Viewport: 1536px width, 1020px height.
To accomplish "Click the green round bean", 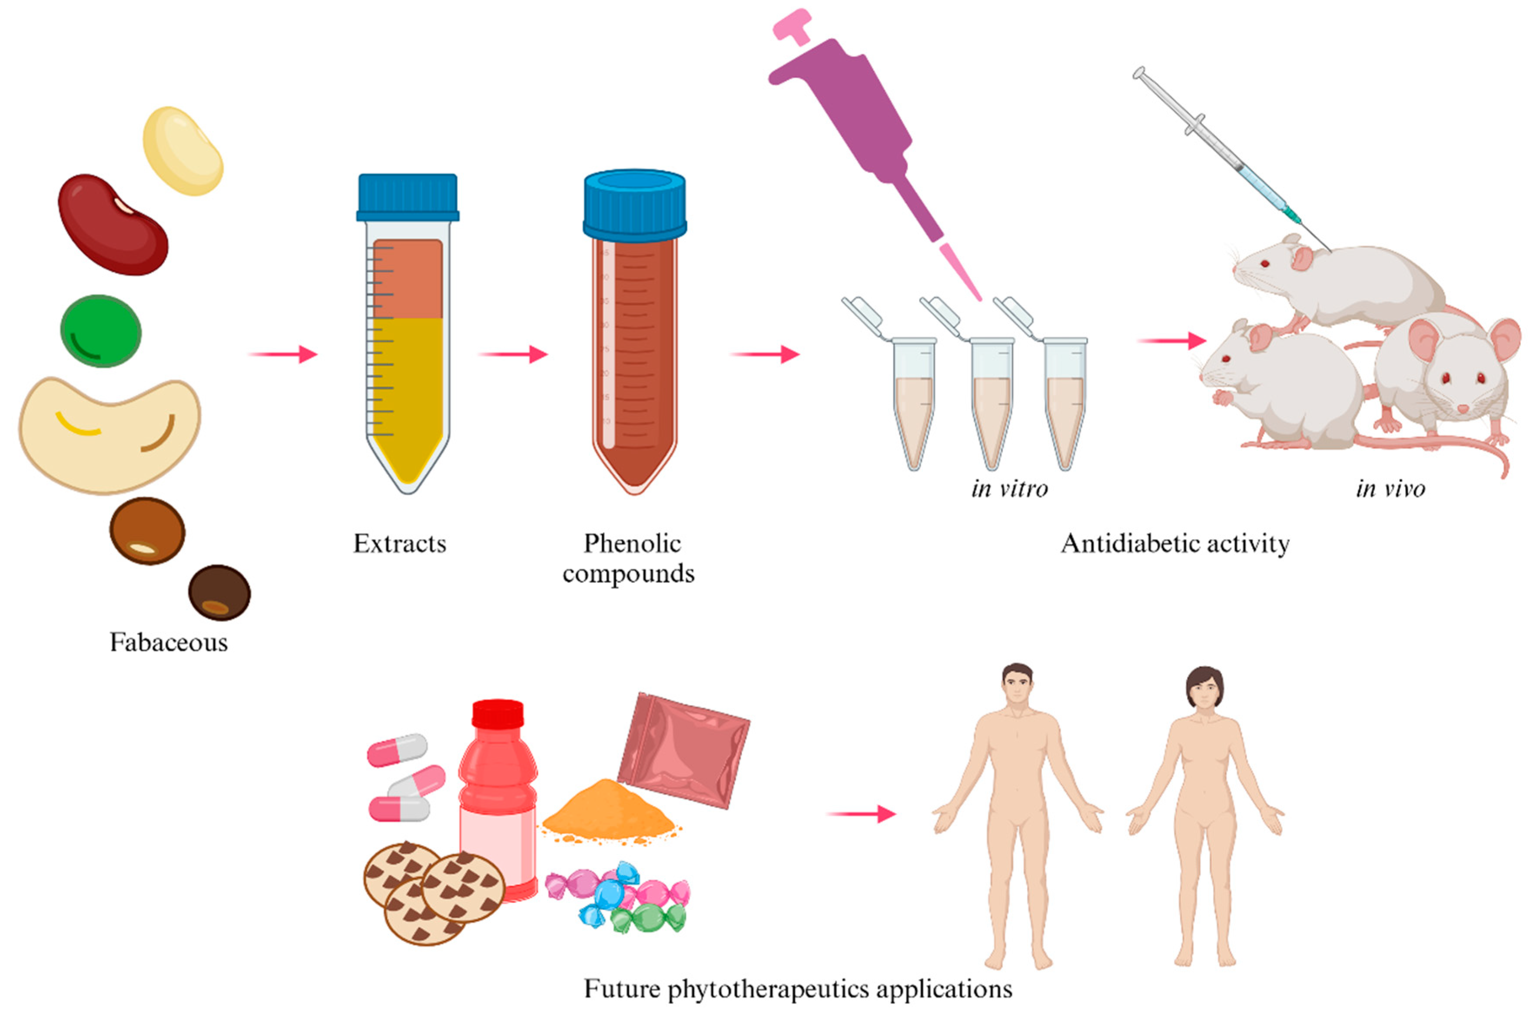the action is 101,331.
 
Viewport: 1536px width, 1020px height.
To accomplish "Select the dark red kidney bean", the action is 113,225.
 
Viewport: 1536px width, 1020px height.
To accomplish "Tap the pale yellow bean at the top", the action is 183,151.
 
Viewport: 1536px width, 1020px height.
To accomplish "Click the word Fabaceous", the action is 169,642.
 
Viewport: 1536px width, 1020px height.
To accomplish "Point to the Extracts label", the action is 399,543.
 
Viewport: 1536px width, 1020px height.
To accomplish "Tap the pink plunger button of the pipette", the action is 793,26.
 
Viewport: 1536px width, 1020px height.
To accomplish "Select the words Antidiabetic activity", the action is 1175,543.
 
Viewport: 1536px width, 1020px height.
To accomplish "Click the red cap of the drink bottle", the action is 498,714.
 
